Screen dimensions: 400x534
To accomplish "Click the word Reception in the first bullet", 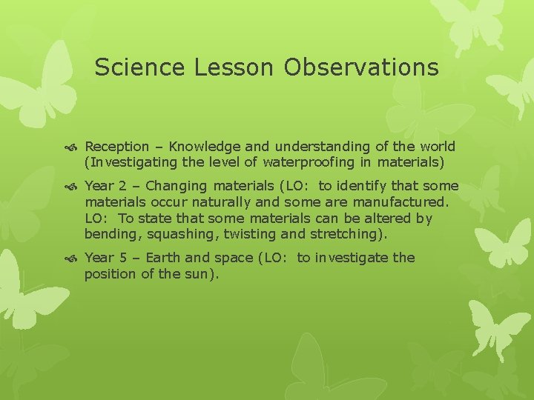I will point(116,147).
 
